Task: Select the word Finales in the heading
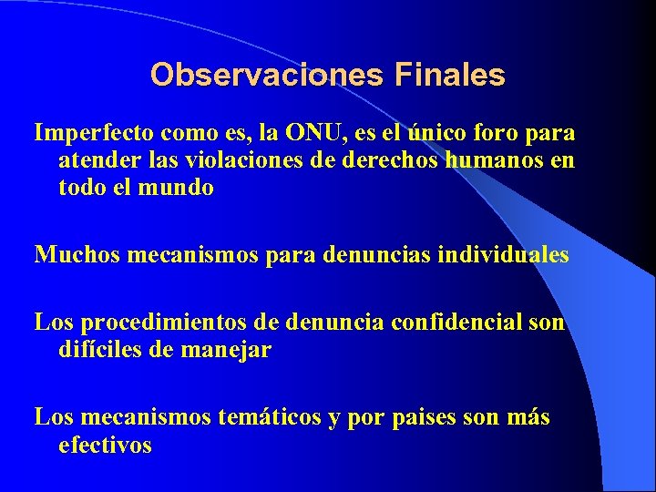click(x=450, y=75)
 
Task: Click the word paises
click(x=426, y=417)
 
